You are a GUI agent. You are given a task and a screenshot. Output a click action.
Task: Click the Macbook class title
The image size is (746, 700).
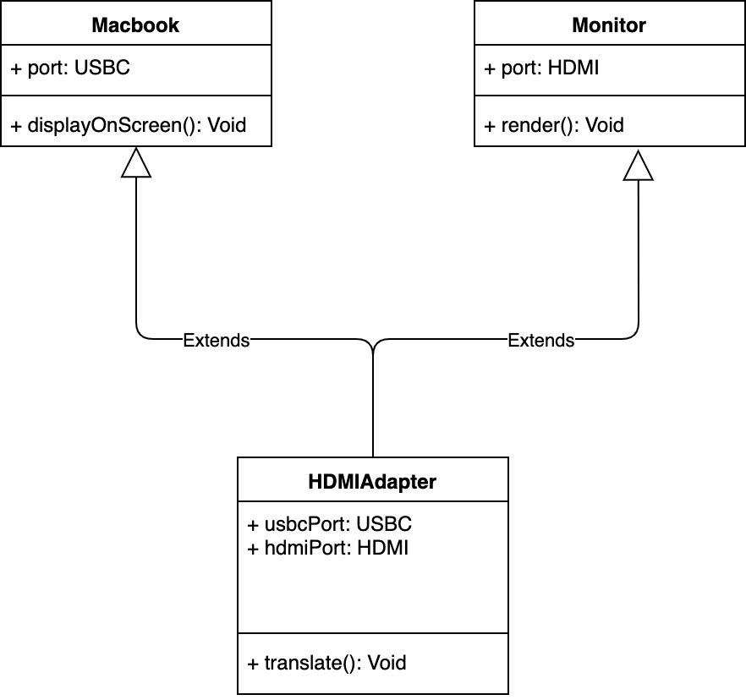pos(135,25)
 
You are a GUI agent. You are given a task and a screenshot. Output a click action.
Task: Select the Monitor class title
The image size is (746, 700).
pos(609,25)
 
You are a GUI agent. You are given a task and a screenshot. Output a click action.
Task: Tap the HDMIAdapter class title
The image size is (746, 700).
pos(372,482)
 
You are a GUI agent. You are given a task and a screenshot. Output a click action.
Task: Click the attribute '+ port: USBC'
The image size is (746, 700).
pos(70,68)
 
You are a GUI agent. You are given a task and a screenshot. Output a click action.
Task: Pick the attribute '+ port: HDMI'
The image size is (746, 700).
pos(541,68)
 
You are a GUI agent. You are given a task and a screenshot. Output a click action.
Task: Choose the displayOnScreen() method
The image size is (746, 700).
pos(129,125)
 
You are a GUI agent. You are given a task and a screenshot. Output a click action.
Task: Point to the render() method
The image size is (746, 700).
pos(554,125)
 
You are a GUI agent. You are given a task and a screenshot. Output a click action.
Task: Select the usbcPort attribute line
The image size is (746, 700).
pos(329,524)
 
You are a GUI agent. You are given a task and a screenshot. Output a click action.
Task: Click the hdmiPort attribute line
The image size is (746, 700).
pos(328,548)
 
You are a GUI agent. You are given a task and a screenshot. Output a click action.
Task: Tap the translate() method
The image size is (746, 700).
pos(326,663)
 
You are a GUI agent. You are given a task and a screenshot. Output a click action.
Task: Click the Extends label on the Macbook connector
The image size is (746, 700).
pos(217,341)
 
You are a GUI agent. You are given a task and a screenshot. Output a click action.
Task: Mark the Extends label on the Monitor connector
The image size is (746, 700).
pos(541,341)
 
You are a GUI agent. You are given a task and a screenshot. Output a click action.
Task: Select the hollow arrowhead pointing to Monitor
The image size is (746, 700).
pos(638,166)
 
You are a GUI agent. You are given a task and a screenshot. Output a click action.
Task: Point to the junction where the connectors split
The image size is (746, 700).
pos(373,352)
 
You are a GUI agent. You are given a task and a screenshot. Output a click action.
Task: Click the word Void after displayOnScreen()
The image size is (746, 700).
pos(228,125)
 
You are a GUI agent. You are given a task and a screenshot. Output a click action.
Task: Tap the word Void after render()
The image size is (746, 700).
pos(604,125)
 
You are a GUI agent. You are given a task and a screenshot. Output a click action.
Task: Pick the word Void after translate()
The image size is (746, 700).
pos(387,663)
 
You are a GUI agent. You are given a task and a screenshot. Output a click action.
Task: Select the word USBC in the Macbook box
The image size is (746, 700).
pos(102,68)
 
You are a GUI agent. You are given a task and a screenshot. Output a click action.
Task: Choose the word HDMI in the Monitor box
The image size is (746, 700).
pos(573,68)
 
